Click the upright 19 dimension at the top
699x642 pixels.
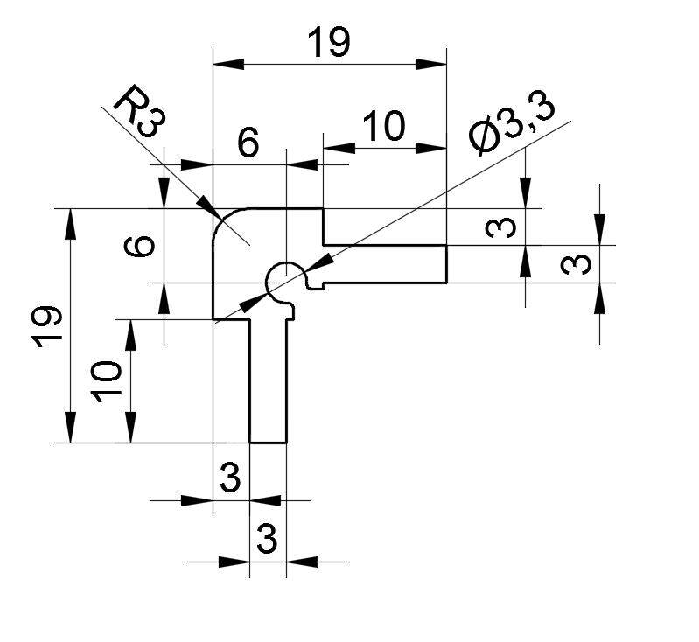tap(329, 42)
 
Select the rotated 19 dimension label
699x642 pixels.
tap(46, 326)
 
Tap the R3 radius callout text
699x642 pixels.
tap(139, 111)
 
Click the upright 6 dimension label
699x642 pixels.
tap(248, 143)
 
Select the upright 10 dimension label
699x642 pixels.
tap(385, 126)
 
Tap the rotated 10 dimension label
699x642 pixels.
tap(106, 381)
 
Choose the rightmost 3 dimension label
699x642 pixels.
tap(576, 264)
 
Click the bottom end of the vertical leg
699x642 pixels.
tap(268, 443)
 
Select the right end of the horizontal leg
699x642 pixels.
tap(446, 264)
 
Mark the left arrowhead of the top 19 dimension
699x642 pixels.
tap(228, 64)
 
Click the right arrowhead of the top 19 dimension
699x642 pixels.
tap(430, 64)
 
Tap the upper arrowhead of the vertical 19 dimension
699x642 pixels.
tap(70, 224)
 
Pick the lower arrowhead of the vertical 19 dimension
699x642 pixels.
tap(70, 427)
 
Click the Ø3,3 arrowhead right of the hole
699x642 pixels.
tap(319, 262)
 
